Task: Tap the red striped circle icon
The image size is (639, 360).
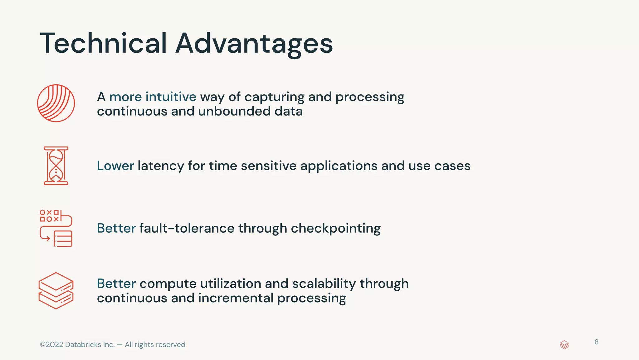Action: (56, 103)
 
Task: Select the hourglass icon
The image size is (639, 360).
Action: (56, 166)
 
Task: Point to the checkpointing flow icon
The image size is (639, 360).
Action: (56, 228)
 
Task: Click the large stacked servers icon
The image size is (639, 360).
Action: (56, 291)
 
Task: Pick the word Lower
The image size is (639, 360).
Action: (115, 166)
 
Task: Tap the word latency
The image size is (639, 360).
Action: (161, 166)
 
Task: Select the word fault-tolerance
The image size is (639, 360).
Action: (187, 228)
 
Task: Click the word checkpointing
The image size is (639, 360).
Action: (335, 229)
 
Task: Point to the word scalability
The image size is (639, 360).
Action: (324, 284)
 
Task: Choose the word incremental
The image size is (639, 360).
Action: (236, 298)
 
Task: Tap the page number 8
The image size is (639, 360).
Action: (596, 342)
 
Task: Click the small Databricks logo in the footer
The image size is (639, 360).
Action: (564, 345)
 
